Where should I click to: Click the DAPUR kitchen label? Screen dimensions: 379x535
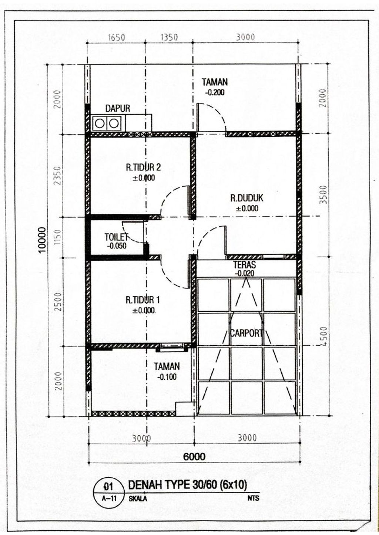tap(118, 108)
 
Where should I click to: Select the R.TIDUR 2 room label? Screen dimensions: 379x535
tap(144, 167)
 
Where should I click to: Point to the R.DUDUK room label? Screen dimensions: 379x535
tap(247, 198)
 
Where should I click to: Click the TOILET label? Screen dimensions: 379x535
tap(117, 237)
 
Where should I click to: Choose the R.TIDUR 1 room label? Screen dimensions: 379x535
tap(143, 300)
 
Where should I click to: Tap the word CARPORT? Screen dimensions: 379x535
tap(246, 333)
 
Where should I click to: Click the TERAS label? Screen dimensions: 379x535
tap(244, 265)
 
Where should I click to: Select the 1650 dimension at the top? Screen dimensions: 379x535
tap(117, 37)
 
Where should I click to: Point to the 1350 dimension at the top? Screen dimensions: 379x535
tap(169, 37)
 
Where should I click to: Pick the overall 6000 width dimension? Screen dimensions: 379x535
tap(194, 457)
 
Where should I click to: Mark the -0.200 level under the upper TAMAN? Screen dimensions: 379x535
tap(215, 92)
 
